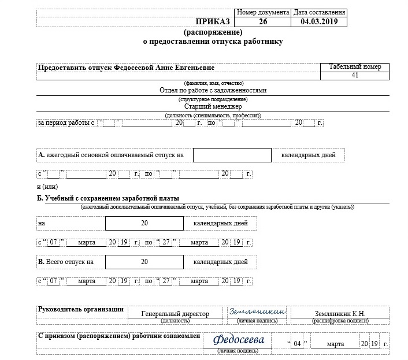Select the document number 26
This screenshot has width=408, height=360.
(264, 22)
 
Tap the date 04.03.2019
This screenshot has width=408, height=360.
(319, 22)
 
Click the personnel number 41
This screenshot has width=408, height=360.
(355, 76)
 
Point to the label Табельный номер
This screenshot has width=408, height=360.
(355, 67)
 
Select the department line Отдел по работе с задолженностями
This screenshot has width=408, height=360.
(213, 90)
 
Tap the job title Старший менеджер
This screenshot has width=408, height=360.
(213, 106)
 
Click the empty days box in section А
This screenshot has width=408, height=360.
(232, 155)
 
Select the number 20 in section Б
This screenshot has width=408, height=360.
(144, 222)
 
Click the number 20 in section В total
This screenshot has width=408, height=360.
(144, 262)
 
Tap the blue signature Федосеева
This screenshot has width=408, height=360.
(238, 339)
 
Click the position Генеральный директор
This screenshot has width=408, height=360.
(175, 314)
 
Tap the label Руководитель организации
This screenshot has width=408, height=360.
(81, 309)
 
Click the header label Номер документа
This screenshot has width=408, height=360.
(263, 12)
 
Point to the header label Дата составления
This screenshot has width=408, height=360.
(320, 12)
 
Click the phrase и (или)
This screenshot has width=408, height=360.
(47, 187)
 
